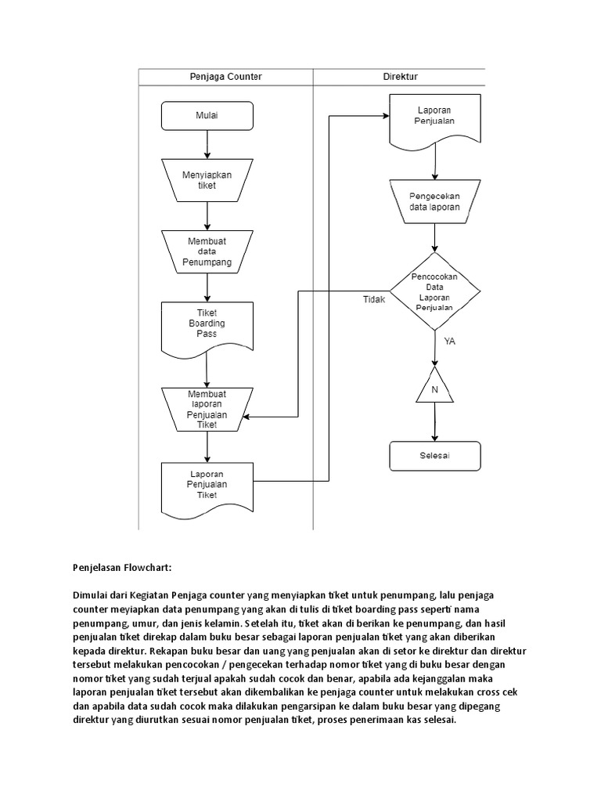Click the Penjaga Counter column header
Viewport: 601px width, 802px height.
225,77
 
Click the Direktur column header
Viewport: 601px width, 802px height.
400,77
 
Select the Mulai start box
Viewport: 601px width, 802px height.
207,117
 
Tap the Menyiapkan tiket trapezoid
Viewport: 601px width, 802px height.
207,180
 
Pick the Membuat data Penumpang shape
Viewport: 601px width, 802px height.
207,251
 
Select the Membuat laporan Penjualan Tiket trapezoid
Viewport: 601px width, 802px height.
207,409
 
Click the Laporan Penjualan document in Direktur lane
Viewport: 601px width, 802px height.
436,117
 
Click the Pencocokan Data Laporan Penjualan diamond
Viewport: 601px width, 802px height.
435,292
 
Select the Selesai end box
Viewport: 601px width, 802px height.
435,456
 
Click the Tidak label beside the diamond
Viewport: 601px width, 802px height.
374,299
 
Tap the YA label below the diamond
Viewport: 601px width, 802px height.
450,341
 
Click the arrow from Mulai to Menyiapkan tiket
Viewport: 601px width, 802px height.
207,144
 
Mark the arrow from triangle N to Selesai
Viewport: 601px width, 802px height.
435,423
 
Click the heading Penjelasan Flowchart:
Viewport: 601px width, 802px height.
121,566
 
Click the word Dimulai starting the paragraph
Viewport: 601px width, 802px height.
92,596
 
